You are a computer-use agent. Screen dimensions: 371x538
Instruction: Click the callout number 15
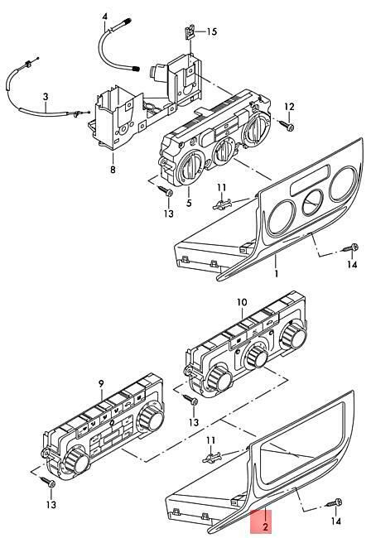[x=212, y=31]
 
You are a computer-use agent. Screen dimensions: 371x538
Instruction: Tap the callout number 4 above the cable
[x=104, y=16]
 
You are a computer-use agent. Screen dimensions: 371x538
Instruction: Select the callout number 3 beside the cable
[x=46, y=97]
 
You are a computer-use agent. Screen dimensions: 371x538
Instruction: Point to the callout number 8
[x=113, y=169]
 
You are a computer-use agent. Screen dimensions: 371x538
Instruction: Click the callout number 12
[x=289, y=107]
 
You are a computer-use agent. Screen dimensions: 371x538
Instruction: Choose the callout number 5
[x=189, y=203]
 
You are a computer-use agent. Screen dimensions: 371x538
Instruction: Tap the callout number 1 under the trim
[x=277, y=273]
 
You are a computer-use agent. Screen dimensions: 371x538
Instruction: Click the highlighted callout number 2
[x=265, y=526]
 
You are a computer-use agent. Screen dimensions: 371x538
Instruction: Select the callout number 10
[x=242, y=302]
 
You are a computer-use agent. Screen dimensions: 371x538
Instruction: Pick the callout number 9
[x=101, y=383]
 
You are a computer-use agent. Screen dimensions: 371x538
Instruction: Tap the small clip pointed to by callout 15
[x=189, y=32]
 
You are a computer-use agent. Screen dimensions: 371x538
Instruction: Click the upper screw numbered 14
[x=350, y=247]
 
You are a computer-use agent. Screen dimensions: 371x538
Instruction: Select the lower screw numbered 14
[x=335, y=503]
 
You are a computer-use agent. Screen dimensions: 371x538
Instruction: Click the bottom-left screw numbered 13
[x=48, y=482]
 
